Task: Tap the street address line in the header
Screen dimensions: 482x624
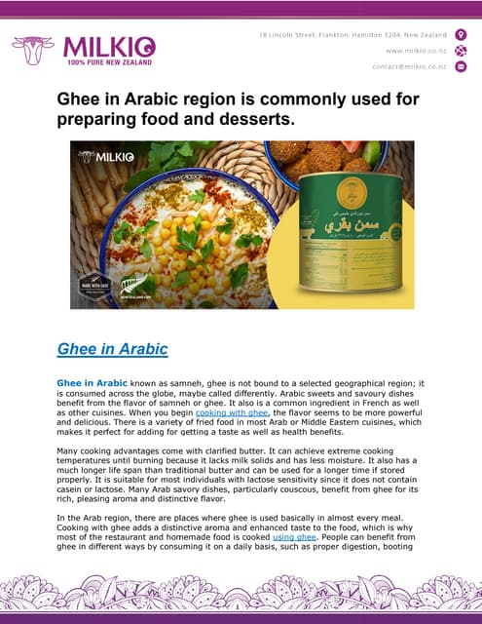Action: tap(351, 35)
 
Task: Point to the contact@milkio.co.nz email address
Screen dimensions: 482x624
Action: tap(408, 66)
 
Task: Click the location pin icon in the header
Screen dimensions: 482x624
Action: tap(461, 35)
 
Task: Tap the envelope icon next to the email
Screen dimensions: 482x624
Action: tap(461, 66)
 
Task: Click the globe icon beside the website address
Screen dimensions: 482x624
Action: tap(461, 51)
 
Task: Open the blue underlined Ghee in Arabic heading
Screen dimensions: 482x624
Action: tap(113, 348)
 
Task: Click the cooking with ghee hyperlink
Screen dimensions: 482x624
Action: tap(232, 413)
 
